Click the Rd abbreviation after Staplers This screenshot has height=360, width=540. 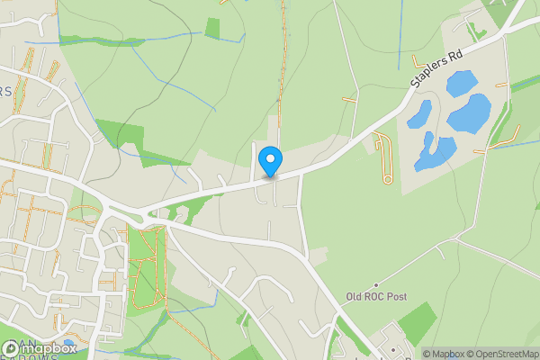456,56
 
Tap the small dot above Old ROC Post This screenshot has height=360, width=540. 376,284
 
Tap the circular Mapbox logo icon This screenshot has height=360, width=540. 12,347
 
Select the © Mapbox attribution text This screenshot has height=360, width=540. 444,353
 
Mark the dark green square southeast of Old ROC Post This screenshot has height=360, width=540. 416,322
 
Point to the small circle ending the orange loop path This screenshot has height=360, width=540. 387,179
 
